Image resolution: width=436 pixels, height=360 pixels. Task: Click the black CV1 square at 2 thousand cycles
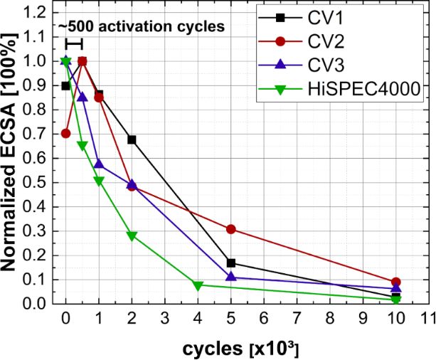pyautogui.click(x=132, y=139)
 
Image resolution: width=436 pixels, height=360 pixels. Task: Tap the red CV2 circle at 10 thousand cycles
pyautogui.click(x=395, y=282)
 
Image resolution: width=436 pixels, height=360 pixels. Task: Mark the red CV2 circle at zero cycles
pyautogui.click(x=66, y=133)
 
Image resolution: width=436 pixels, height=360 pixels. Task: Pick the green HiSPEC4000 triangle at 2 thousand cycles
pyautogui.click(x=132, y=235)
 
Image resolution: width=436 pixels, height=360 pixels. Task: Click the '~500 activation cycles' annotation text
pyautogui.click(x=143, y=28)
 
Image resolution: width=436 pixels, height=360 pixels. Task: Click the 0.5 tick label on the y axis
pyautogui.click(x=39, y=182)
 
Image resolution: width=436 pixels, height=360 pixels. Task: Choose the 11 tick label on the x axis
pyautogui.click(x=427, y=317)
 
